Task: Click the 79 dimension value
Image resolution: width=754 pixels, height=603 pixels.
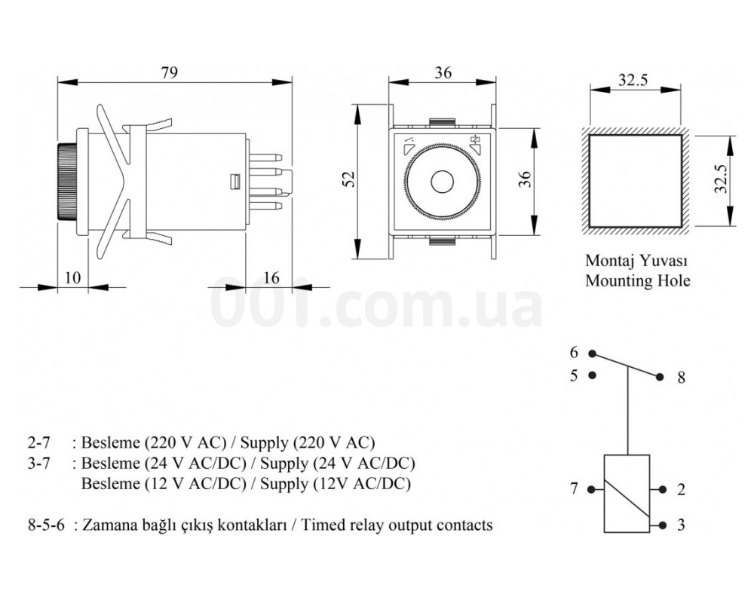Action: click(169, 72)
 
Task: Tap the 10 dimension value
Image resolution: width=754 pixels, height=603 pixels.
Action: click(72, 278)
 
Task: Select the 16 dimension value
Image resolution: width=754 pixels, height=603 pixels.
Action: click(271, 278)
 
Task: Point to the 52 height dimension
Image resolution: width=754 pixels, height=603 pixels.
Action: click(350, 179)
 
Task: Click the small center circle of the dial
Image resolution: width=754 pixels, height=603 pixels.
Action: click(442, 182)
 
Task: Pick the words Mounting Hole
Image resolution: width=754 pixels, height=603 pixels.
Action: click(637, 280)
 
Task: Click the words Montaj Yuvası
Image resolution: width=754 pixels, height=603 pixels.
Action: click(636, 261)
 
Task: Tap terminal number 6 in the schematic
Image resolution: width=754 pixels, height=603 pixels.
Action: click(574, 353)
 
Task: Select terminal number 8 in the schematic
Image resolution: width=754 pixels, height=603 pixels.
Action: click(681, 378)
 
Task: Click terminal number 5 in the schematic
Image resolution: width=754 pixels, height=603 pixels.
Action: click(574, 375)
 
